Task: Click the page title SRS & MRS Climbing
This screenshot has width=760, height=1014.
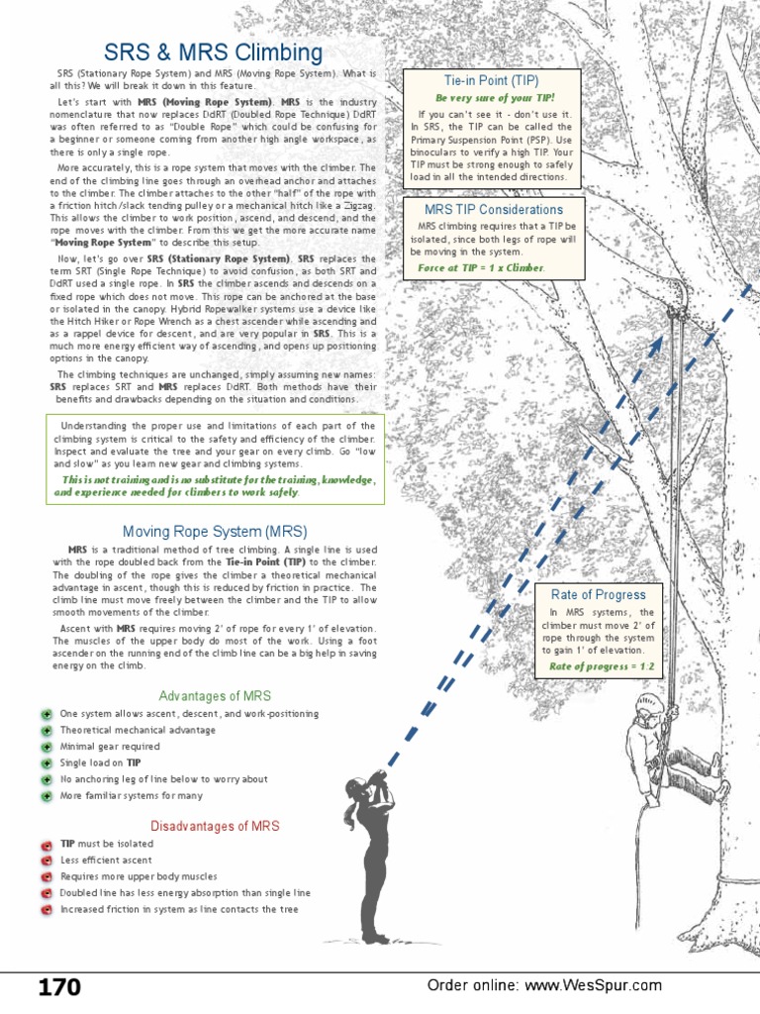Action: coord(213,52)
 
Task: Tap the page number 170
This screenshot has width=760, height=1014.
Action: coord(59,986)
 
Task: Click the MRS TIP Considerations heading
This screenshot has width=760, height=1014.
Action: coord(494,210)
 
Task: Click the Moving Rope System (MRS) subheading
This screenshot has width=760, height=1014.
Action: coord(215,531)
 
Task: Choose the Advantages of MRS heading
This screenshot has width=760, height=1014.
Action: coord(215,696)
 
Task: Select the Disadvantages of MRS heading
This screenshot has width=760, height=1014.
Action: coord(215,826)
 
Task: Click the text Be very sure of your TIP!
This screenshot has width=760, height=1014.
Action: coord(495,98)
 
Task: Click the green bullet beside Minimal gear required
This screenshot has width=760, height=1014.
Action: coord(47,748)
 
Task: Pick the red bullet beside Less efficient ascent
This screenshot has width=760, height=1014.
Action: coord(47,861)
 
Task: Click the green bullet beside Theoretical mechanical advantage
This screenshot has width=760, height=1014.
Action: coord(47,731)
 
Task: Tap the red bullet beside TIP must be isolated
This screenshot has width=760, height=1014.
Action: coord(47,845)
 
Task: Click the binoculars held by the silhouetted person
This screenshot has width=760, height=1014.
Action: coord(380,773)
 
